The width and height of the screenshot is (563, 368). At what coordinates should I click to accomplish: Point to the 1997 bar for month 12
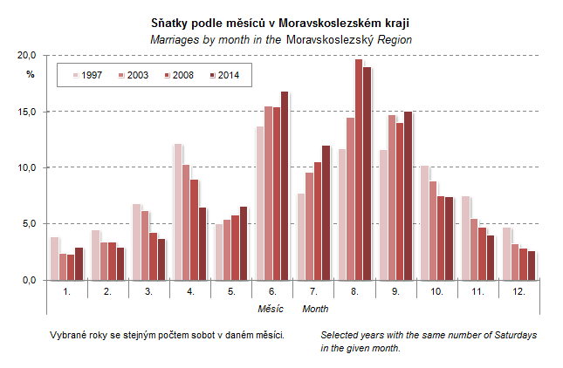click(x=507, y=254)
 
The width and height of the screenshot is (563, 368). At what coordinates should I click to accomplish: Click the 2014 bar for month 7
click(x=326, y=213)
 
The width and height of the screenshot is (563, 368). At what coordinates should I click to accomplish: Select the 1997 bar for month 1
click(x=55, y=258)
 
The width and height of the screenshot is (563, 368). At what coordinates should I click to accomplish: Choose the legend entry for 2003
click(x=132, y=76)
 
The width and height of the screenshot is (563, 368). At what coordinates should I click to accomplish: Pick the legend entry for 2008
click(x=177, y=76)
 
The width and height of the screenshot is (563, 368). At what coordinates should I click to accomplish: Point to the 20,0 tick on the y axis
click(x=28, y=55)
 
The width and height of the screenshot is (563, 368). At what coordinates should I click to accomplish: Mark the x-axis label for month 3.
click(x=148, y=290)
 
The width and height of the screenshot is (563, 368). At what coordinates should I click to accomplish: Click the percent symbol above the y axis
click(x=30, y=74)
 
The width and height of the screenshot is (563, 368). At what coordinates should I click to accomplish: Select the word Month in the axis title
click(x=315, y=309)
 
